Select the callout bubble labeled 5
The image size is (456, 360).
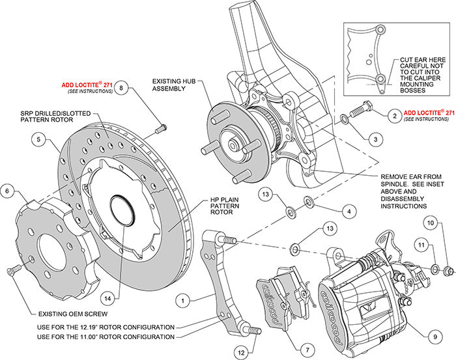click(x=39, y=139)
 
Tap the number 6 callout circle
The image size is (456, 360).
click(x=8, y=191)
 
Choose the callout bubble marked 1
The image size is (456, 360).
click(x=184, y=301)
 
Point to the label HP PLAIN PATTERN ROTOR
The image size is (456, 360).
click(x=208, y=207)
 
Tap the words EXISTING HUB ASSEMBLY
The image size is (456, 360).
click(x=172, y=87)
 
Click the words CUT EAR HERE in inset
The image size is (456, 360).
click(x=418, y=58)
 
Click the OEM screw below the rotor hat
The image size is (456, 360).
click(x=12, y=270)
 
